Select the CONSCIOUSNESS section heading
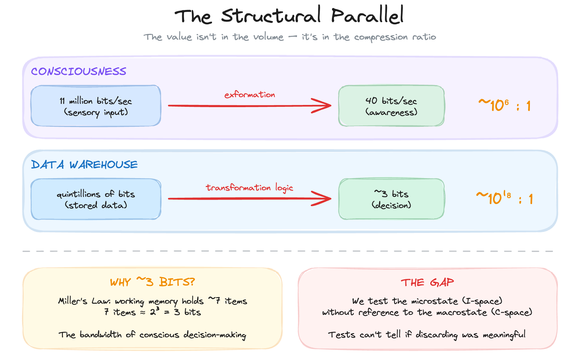[x=78, y=71]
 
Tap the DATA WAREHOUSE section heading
[x=84, y=164]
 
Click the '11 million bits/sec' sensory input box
[x=96, y=106]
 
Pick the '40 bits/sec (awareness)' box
[x=391, y=106]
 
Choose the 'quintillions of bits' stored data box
[x=96, y=199]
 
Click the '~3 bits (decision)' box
[x=391, y=199]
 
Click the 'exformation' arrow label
[x=250, y=94]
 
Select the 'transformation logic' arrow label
[x=249, y=187]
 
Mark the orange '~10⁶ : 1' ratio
[x=504, y=106]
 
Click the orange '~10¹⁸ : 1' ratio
[x=504, y=198]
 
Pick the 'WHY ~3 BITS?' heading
[x=152, y=282]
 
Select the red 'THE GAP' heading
[x=427, y=282]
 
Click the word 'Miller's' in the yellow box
[x=73, y=301]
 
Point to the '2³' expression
[x=155, y=311]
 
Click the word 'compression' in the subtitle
[x=381, y=37]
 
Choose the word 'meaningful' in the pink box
[x=504, y=335]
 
